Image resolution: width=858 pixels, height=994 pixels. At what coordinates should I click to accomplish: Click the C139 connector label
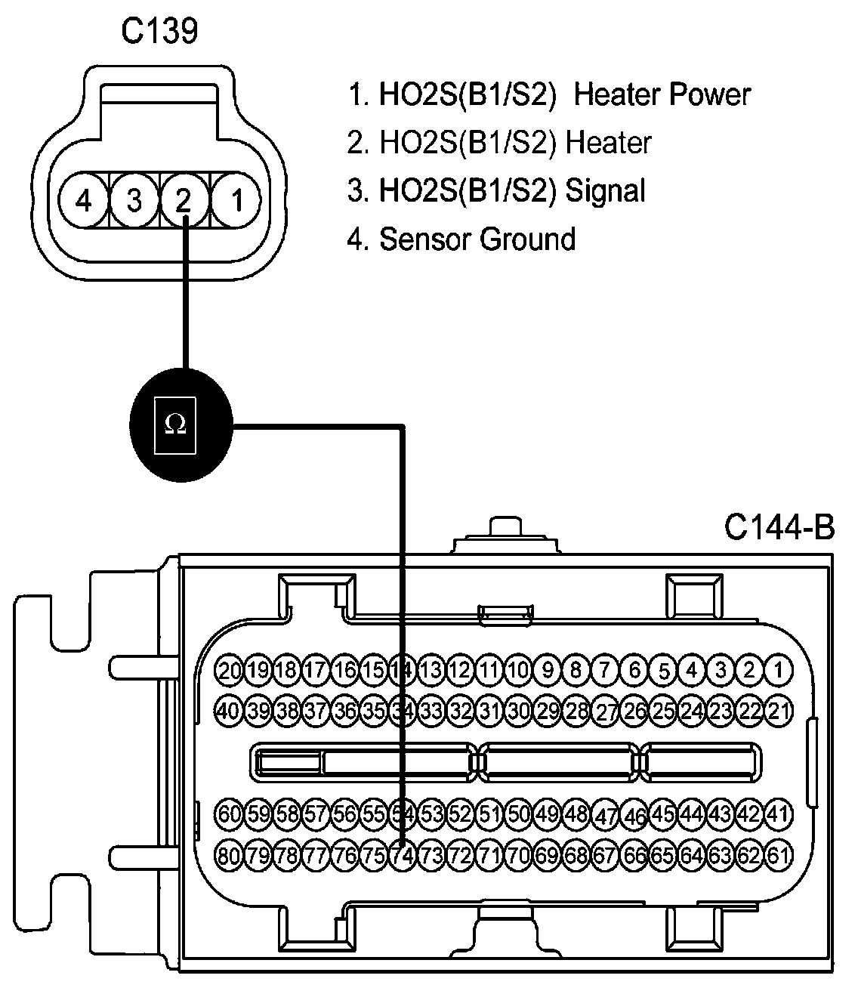tap(159, 31)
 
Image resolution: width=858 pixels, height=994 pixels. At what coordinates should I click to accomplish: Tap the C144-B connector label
tap(779, 528)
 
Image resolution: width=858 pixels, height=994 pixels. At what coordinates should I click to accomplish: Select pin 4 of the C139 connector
tap(84, 199)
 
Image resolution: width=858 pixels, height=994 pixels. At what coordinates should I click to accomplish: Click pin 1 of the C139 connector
tap(236, 199)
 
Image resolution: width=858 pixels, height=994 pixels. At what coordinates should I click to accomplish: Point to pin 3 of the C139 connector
tap(134, 199)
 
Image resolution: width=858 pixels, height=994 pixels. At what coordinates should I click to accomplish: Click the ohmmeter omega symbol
tap(175, 424)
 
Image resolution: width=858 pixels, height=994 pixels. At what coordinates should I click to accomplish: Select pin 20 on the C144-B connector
tap(229, 670)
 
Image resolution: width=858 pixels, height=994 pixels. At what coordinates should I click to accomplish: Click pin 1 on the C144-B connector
tap(778, 670)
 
